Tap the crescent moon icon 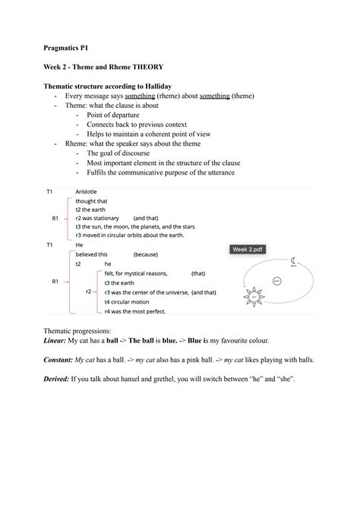(x=293, y=261)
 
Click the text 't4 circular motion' (x=131, y=301)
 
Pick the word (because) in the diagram (x=144, y=254)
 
